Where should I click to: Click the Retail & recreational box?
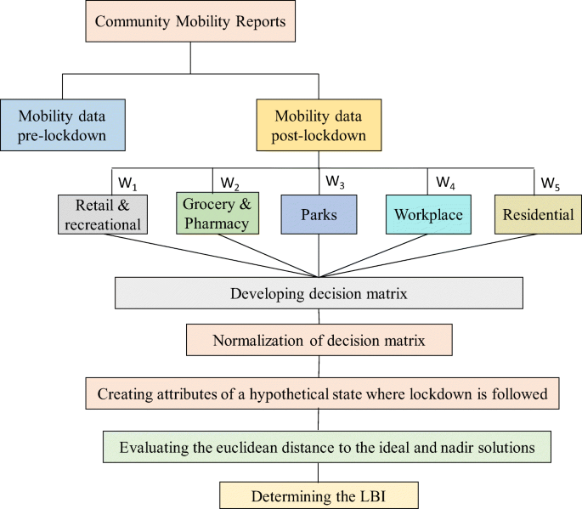tap(104, 214)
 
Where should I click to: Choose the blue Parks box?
tap(319, 214)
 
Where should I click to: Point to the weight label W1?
tap(127, 182)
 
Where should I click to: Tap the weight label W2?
tap(230, 183)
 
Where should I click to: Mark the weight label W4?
tap(445, 182)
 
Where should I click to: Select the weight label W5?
tap(551, 182)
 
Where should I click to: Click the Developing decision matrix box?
tap(319, 294)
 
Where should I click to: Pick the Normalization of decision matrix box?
tap(319, 342)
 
